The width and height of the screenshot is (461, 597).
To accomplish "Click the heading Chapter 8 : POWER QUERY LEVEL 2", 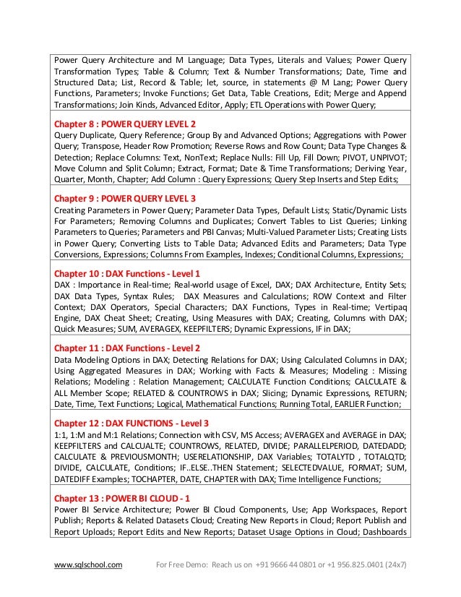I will [125, 123].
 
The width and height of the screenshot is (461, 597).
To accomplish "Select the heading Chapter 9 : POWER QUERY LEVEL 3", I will [125, 198].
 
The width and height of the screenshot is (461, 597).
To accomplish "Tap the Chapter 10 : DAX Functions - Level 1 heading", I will [127, 273].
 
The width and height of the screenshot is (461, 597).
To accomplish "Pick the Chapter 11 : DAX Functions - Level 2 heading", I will [127, 348].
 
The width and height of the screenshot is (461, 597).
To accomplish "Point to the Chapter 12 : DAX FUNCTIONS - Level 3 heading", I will [132, 422].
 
